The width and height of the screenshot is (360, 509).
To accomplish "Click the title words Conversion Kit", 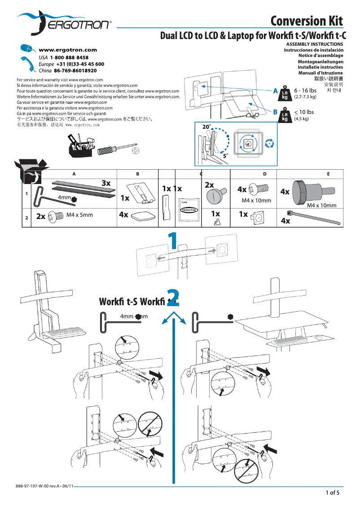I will (x=307, y=21).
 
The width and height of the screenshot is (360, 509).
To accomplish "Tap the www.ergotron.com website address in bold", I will (x=68, y=50).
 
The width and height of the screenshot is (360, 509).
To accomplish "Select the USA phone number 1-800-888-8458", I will (x=69, y=58).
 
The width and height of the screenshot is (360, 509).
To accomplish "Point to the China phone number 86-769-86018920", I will (x=75, y=71).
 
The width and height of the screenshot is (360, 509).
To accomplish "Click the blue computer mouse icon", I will (x=27, y=49).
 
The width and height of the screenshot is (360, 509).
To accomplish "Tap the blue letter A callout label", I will (x=275, y=91).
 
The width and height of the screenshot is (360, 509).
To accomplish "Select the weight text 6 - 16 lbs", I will (x=305, y=91).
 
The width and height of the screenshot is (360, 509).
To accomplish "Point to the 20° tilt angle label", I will (x=206, y=127).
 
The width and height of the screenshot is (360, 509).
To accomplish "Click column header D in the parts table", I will (x=264, y=173).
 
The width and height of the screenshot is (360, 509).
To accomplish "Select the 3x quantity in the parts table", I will (x=106, y=183).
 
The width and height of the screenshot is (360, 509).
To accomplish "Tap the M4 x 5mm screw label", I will (x=79, y=215).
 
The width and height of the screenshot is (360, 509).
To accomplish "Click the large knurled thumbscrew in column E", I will (x=305, y=189).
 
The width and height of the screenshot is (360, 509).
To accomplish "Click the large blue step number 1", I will (x=172, y=241).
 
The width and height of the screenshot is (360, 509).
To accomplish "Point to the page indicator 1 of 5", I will (x=332, y=493).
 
